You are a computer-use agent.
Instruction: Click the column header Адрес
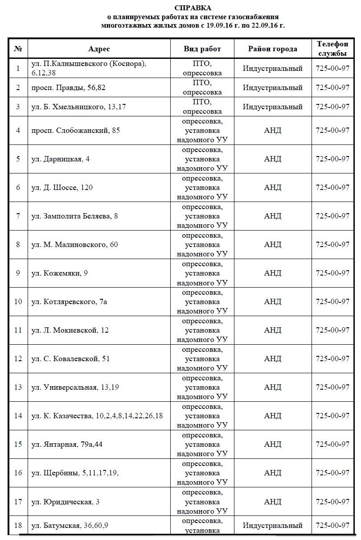99,49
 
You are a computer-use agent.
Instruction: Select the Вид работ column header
202,49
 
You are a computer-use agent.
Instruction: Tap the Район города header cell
272,49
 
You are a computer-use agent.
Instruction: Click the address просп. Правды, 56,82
69,87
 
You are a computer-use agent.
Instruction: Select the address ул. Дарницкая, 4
61,159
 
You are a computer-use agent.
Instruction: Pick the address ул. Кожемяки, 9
60,273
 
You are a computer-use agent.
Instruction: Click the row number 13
18,387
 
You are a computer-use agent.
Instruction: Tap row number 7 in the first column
18,216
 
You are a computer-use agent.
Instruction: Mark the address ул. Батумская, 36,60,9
70,525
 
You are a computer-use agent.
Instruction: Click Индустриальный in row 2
272,87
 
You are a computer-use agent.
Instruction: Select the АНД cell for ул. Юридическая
272,502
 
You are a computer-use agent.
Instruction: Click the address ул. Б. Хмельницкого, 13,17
77,107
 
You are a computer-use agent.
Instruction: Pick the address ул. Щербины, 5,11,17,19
75,473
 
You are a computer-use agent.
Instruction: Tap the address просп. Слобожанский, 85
76,130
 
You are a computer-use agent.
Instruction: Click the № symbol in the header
18,49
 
